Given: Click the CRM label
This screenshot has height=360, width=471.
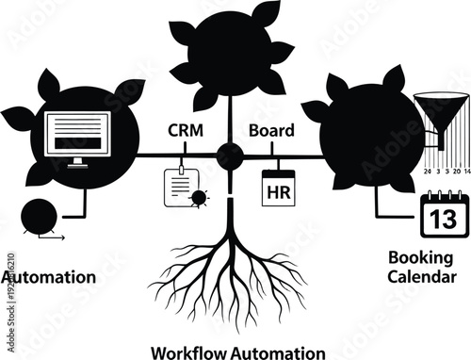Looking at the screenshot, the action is coord(184,131).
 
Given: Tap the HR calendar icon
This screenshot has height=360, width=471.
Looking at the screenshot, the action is coord(278,188).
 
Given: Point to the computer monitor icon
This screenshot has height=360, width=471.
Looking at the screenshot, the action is coord(78,139).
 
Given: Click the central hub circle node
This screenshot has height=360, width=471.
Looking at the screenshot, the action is coord(229,155).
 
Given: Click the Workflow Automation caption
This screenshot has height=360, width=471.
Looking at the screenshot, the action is coord(238,352).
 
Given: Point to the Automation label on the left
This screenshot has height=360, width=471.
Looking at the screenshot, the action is coord(47,277).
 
